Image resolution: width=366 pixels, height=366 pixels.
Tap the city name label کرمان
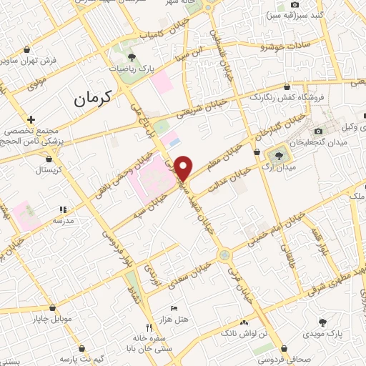pyautogui.click(x=94, y=99)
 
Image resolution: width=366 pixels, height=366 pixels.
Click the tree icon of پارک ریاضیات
pyautogui.click(x=131, y=56)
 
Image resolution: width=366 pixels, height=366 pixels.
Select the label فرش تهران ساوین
pyautogui.click(x=49, y=61)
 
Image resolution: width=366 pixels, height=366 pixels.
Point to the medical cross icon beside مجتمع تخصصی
pyautogui.click(x=30, y=119)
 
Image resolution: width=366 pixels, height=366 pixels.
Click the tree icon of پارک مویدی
pyautogui.click(x=322, y=322)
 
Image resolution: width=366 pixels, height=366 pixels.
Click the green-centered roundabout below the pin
pyautogui.click(x=224, y=254)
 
